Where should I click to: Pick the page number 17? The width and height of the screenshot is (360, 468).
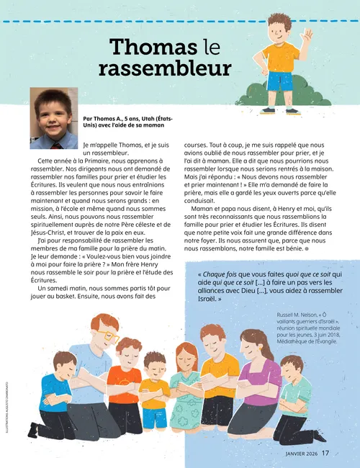[x=325, y=453]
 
